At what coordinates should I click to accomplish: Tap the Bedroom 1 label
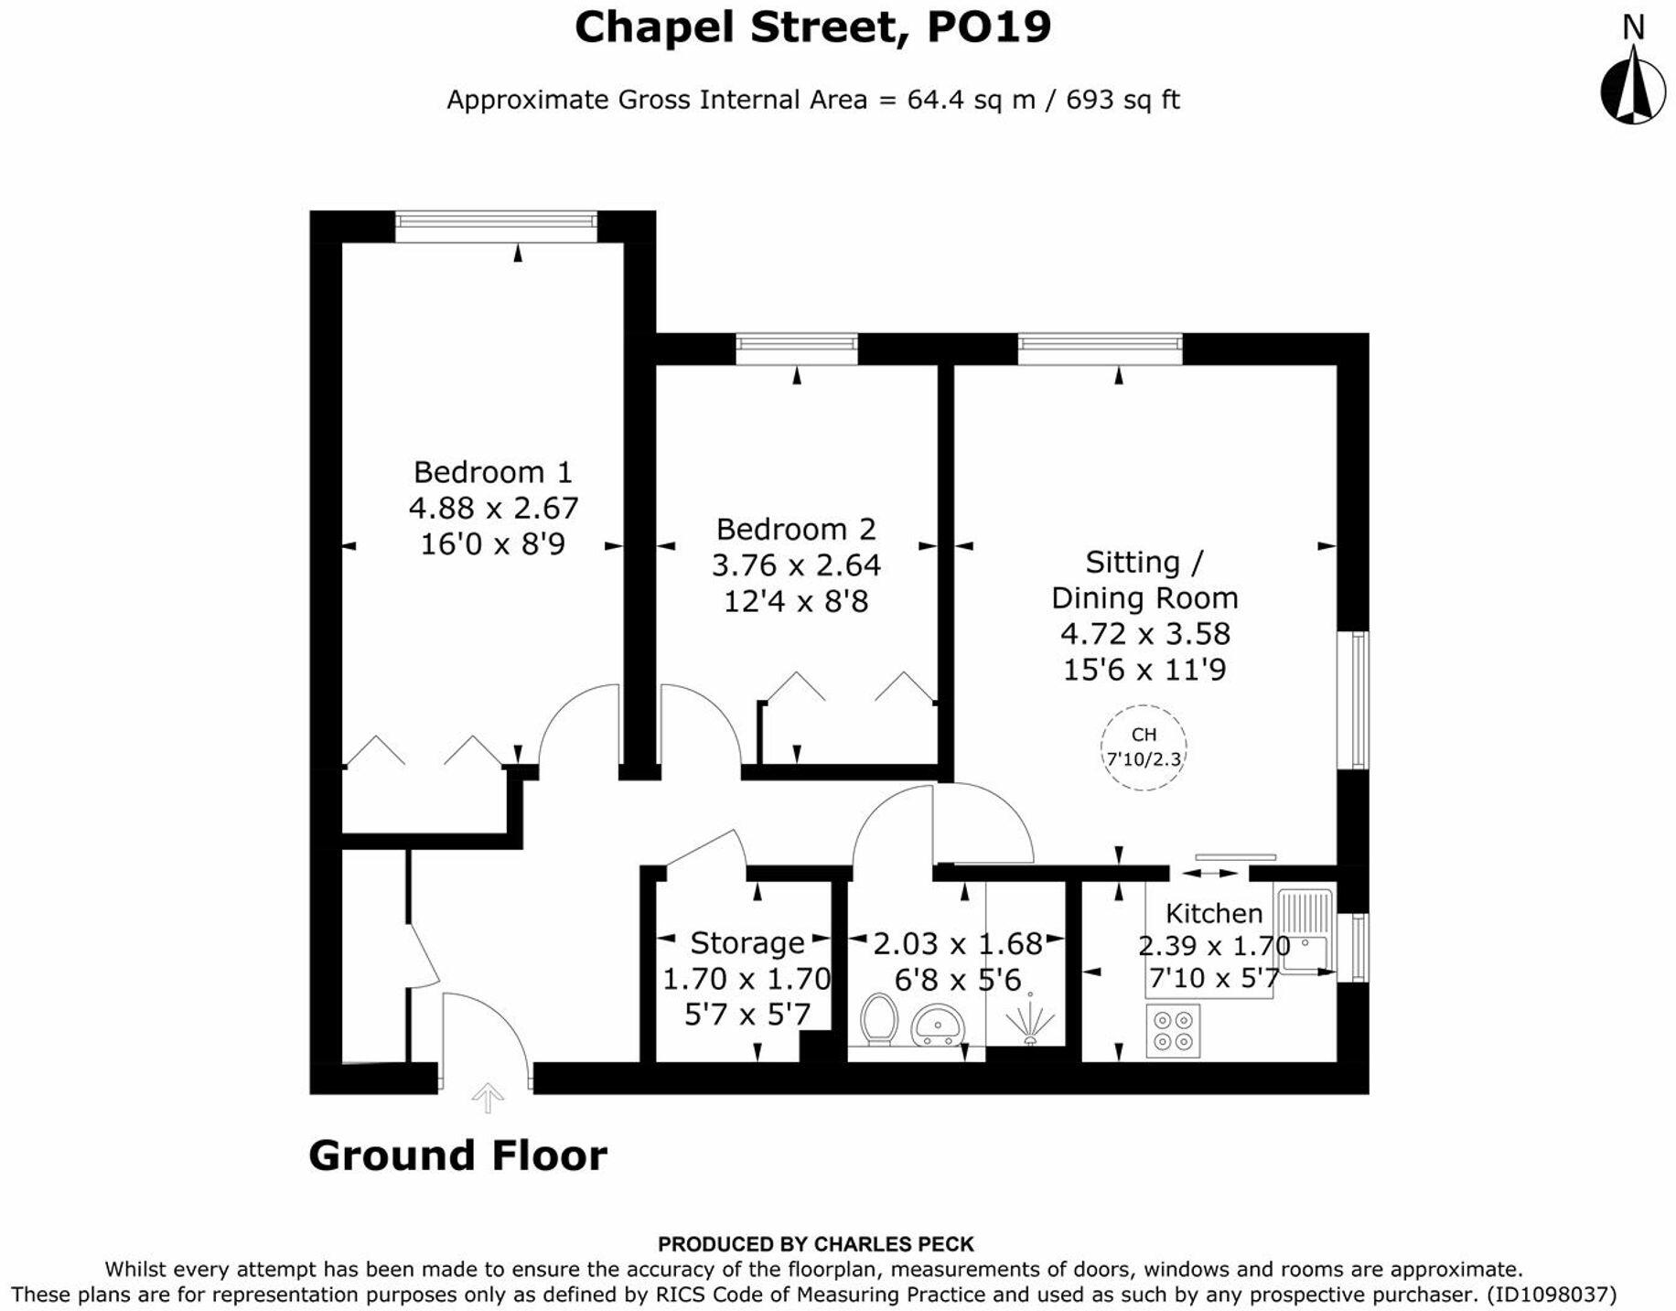pyautogui.click(x=492, y=472)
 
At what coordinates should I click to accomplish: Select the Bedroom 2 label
pyautogui.click(x=796, y=529)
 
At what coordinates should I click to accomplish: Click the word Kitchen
pyautogui.click(x=1214, y=913)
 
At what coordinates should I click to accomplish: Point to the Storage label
pyautogui.click(x=747, y=942)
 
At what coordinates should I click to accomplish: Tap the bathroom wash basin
pyautogui.click(x=938, y=1024)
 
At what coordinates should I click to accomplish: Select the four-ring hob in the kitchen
pyautogui.click(x=1173, y=1030)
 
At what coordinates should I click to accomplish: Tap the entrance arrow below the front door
pyautogui.click(x=488, y=1097)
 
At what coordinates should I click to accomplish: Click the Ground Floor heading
pyautogui.click(x=457, y=1155)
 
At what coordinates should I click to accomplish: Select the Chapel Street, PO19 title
pyautogui.click(x=812, y=27)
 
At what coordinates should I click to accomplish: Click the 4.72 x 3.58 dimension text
pyautogui.click(x=1144, y=633)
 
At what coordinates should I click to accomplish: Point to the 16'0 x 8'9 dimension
pyautogui.click(x=492, y=544)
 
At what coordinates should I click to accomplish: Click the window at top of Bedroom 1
pyautogui.click(x=496, y=226)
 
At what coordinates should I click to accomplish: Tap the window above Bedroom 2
pyautogui.click(x=797, y=349)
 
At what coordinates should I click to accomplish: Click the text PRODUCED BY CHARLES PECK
pyautogui.click(x=816, y=1244)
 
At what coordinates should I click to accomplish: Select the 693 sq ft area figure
pyautogui.click(x=1123, y=99)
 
